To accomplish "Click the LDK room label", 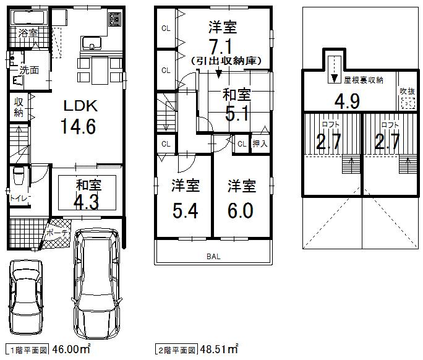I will tap(79, 105).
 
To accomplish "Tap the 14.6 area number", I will tap(78, 127).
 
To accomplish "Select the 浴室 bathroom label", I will tap(26, 32).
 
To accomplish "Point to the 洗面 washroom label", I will tap(28, 71).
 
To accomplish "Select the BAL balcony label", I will tap(213, 255).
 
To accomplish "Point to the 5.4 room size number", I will tap(185, 211).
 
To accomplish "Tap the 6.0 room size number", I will tap(241, 211).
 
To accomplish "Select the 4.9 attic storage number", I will tap(347, 100).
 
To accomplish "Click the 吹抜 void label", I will tap(407, 91).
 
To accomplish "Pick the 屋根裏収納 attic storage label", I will tap(363, 79).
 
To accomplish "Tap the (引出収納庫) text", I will tap(228, 61).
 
